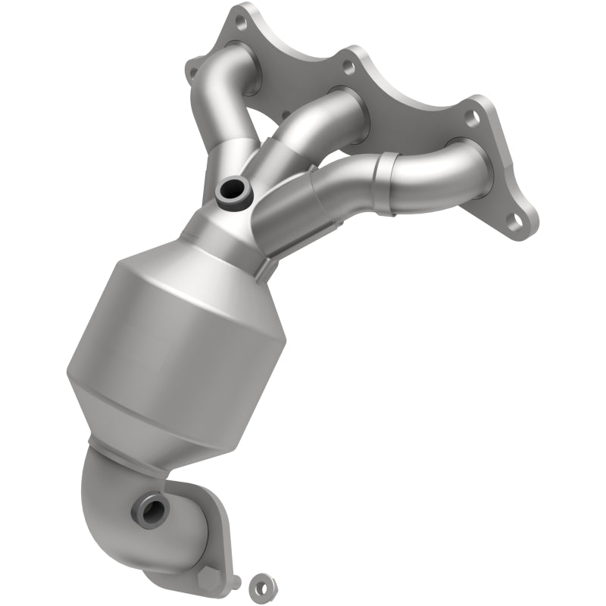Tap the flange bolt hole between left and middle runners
[x=348, y=67]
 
